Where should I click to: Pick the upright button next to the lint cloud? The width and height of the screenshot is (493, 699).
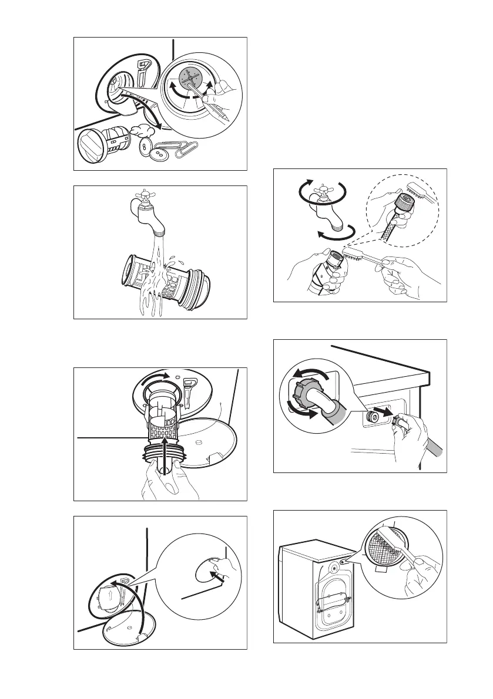pos(143,147)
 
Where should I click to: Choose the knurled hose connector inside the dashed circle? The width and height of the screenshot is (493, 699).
pos(403,208)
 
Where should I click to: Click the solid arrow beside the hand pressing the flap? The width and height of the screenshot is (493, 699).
pos(217,578)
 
